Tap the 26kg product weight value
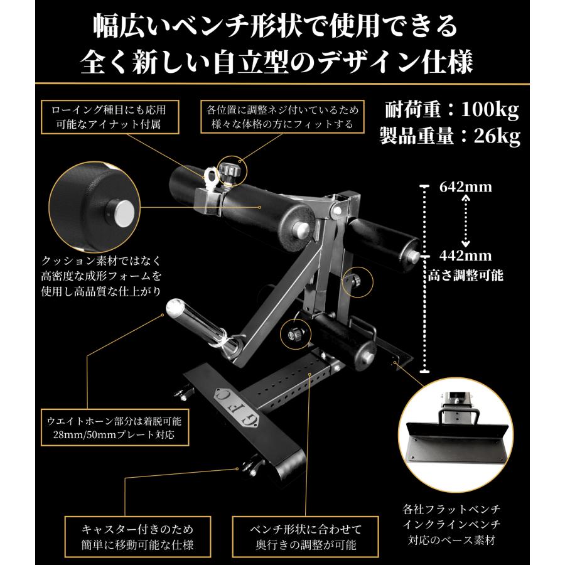[493, 136]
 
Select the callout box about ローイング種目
[105, 116]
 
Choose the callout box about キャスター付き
[129, 535]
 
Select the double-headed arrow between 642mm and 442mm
[465, 221]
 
